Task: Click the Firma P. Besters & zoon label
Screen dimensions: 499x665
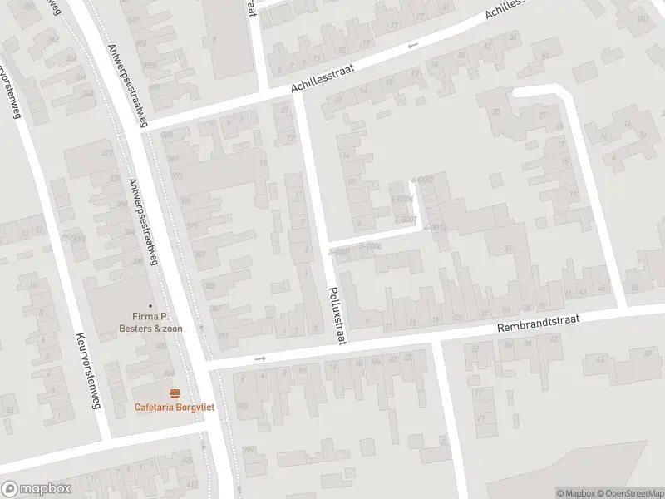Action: [x=150, y=322]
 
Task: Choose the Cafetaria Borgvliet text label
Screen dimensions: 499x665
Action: [x=175, y=407]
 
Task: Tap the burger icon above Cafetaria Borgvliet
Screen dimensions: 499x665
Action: [x=175, y=393]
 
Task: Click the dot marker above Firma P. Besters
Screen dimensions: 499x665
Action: [x=150, y=305]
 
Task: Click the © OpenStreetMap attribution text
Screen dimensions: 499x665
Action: [x=629, y=493]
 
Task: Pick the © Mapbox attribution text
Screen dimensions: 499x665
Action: [x=575, y=493]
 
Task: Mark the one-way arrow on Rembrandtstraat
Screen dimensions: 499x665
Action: [x=260, y=358]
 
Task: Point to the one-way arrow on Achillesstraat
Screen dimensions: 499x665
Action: [x=413, y=46]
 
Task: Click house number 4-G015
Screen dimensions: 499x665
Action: [x=435, y=227]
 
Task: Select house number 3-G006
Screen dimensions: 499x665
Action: [x=369, y=245]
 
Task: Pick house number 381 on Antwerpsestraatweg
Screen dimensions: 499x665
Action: [x=199, y=254]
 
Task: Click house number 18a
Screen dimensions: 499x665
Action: [x=375, y=361]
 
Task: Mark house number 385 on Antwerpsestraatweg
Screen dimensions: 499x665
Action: [x=209, y=285]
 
